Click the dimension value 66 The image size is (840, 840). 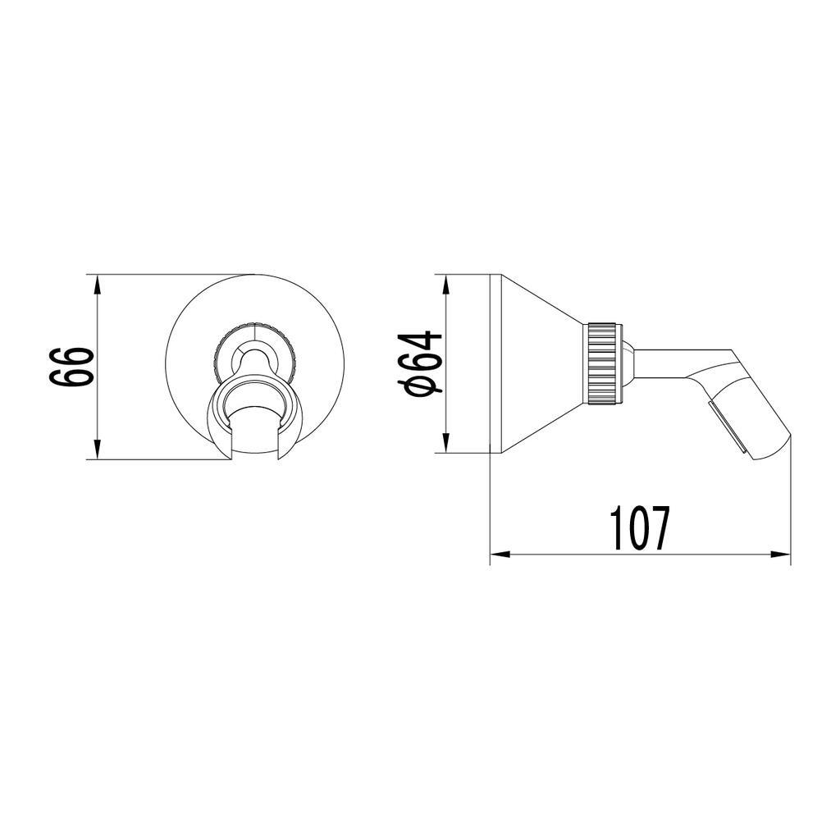[x=71, y=367]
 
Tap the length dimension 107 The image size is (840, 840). [x=640, y=528]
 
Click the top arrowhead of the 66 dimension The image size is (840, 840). [x=97, y=285]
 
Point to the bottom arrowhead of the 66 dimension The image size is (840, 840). [x=97, y=450]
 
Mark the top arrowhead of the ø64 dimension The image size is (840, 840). [x=445, y=285]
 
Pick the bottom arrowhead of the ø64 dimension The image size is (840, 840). [x=445, y=443]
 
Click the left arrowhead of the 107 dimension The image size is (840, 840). [x=500, y=554]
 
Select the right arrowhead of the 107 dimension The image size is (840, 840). [x=781, y=554]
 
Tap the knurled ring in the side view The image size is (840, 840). [x=605, y=363]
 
